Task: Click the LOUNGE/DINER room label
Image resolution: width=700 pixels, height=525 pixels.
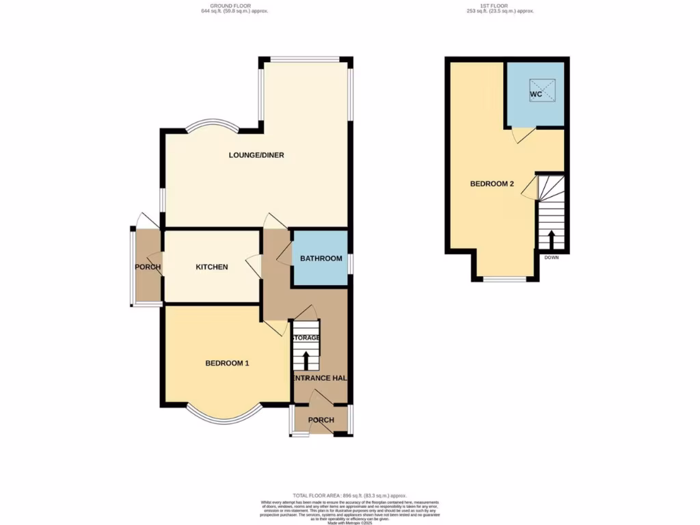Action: click(256, 155)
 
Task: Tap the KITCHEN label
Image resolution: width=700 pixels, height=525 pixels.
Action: click(212, 267)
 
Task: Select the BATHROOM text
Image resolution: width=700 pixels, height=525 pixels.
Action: click(321, 258)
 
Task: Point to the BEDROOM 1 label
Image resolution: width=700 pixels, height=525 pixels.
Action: click(227, 364)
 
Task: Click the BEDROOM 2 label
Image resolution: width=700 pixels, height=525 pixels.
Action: click(492, 184)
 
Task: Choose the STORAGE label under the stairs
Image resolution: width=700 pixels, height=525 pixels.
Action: click(306, 338)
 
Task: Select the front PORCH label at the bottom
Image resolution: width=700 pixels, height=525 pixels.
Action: click(321, 420)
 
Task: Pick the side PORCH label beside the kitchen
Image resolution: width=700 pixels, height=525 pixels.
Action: click(148, 267)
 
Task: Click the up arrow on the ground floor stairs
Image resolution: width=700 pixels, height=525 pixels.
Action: click(306, 360)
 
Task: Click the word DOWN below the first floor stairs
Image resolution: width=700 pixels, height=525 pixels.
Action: click(551, 258)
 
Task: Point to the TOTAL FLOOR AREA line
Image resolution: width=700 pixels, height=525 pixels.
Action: click(349, 495)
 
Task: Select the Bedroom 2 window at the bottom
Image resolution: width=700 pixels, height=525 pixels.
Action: click(506, 279)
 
